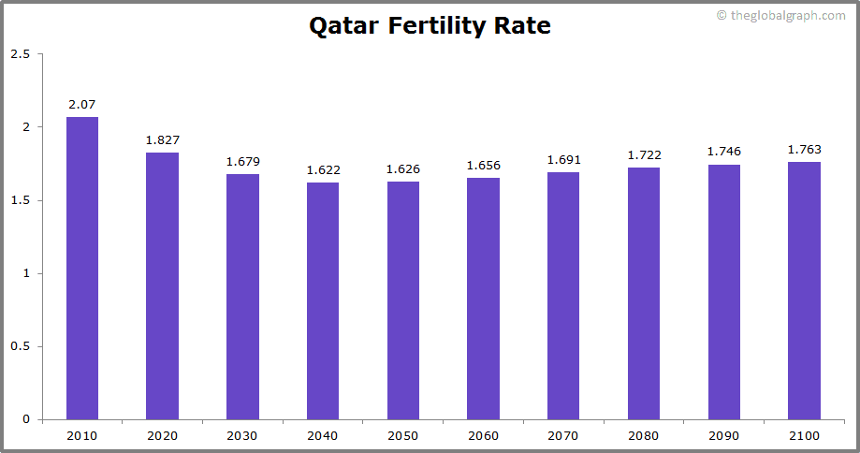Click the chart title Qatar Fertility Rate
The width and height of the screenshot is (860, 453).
430,26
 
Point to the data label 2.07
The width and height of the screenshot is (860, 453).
82,104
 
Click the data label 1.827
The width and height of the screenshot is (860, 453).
162,139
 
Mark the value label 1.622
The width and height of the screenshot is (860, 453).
323,169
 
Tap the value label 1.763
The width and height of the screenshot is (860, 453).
804,149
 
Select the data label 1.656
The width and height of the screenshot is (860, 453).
483,165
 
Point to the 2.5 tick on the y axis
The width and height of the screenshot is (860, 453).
20,54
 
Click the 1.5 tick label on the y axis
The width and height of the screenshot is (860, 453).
20,200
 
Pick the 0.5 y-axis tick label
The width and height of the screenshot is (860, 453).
20,346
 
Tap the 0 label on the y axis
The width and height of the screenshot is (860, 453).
26,419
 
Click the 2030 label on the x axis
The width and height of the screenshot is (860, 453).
242,435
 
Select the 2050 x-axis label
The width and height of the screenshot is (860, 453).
402,435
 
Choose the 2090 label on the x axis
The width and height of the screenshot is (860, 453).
723,435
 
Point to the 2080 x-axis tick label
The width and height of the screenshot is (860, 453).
643,435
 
